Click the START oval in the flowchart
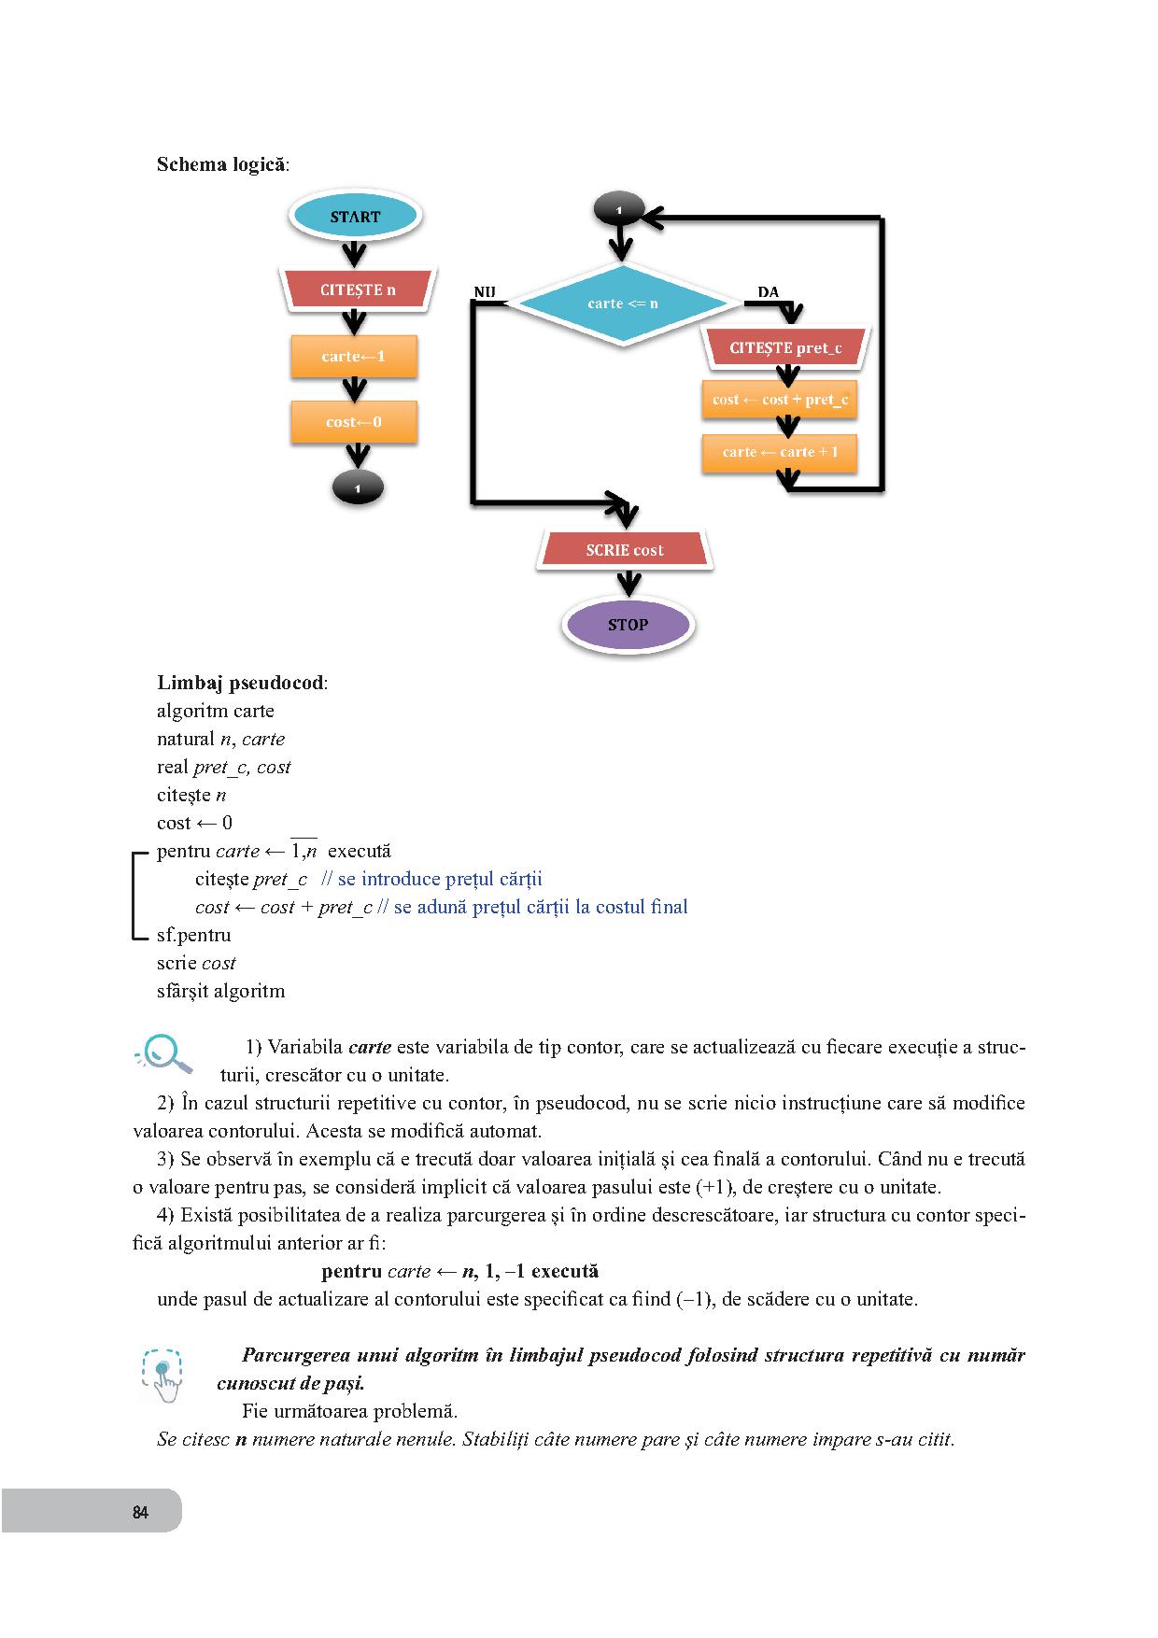click(355, 217)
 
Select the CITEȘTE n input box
click(357, 289)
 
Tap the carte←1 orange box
click(353, 356)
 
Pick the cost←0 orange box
click(353, 422)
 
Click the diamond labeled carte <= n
click(622, 304)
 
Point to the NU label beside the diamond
click(484, 292)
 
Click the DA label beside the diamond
click(768, 292)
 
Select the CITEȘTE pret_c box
click(785, 348)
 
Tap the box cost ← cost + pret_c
click(780, 400)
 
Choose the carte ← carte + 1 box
click(780, 452)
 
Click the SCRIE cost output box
click(624, 550)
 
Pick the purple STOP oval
click(628, 625)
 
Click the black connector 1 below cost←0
click(358, 487)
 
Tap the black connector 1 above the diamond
click(618, 209)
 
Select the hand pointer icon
click(163, 1375)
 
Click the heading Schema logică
click(221, 165)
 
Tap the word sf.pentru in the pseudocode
click(194, 935)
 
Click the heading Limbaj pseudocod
click(241, 683)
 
